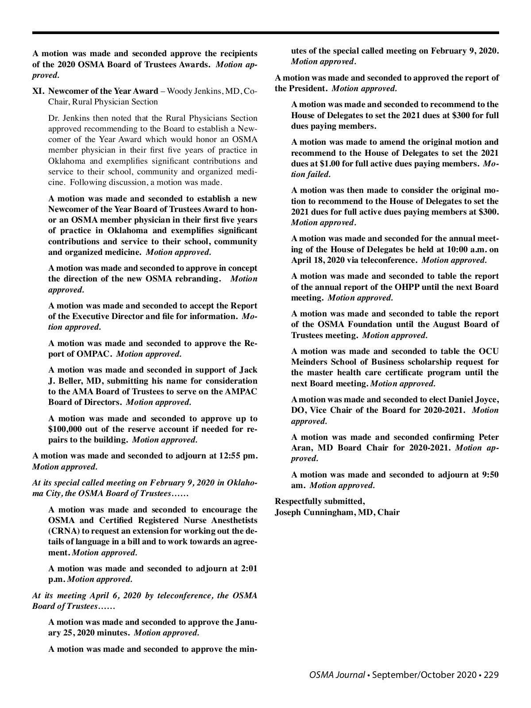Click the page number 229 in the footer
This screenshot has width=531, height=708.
coord(491,675)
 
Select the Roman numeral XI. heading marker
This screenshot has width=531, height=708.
coord(38,91)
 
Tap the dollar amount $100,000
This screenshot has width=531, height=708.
coord(68,429)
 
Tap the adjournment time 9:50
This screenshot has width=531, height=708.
coord(489,475)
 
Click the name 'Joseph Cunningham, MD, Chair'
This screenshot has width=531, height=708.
coord(337,512)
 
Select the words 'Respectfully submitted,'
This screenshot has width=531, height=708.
coord(320,501)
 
